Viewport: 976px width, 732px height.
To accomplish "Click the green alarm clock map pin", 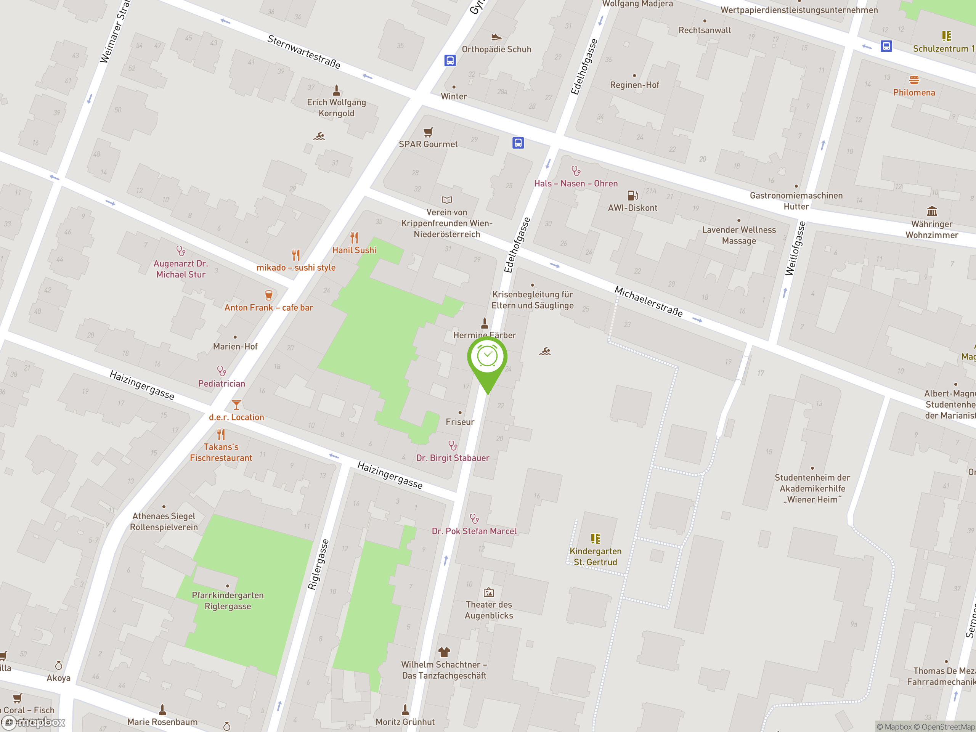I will click(x=487, y=357).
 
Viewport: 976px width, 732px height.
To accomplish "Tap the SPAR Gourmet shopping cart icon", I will click(x=428, y=132).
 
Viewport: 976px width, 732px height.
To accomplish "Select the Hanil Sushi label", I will click(x=354, y=250).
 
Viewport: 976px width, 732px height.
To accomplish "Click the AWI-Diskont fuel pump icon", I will click(x=632, y=195).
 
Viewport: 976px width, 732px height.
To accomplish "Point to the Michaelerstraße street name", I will click(x=648, y=302).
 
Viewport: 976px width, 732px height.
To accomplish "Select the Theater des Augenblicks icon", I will click(x=488, y=592).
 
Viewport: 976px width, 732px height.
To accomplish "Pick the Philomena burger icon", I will click(x=914, y=80).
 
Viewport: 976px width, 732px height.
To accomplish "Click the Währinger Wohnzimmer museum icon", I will click(x=932, y=211).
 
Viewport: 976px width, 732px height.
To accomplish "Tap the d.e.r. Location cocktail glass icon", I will click(x=236, y=404).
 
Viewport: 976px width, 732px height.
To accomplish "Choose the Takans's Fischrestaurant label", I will click(x=221, y=452).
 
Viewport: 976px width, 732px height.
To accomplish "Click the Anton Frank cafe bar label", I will click(x=268, y=308).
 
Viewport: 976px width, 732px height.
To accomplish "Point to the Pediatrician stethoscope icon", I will click(x=222, y=371).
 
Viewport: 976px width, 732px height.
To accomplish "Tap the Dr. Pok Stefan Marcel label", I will click(x=474, y=531).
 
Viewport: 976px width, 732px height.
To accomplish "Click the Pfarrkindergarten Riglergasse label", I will click(x=228, y=600).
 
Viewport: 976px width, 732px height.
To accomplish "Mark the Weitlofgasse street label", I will click(x=795, y=249).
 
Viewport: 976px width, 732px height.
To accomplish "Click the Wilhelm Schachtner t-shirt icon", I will click(x=444, y=652).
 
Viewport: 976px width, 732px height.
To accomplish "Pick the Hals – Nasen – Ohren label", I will click(x=576, y=183).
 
